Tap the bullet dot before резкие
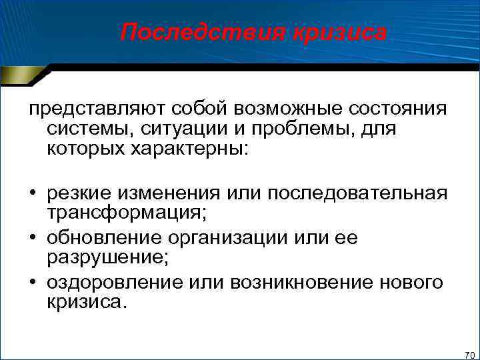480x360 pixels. pyautogui.click(x=31, y=194)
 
